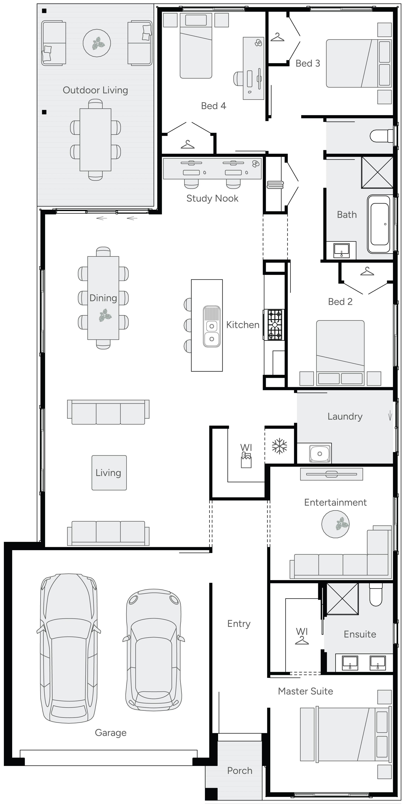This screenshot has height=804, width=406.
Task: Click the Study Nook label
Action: (212, 199)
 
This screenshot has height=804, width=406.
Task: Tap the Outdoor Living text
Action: (95, 90)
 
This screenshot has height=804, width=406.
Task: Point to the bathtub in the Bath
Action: (379, 224)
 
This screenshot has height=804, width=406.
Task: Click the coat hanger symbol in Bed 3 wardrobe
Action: (277, 37)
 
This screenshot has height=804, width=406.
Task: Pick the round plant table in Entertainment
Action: (335, 524)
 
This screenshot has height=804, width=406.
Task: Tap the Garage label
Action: (111, 733)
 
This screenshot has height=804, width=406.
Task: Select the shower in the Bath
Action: (377, 172)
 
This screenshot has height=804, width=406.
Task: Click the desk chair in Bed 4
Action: (239, 78)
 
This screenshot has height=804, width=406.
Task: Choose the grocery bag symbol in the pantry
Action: (246, 461)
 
